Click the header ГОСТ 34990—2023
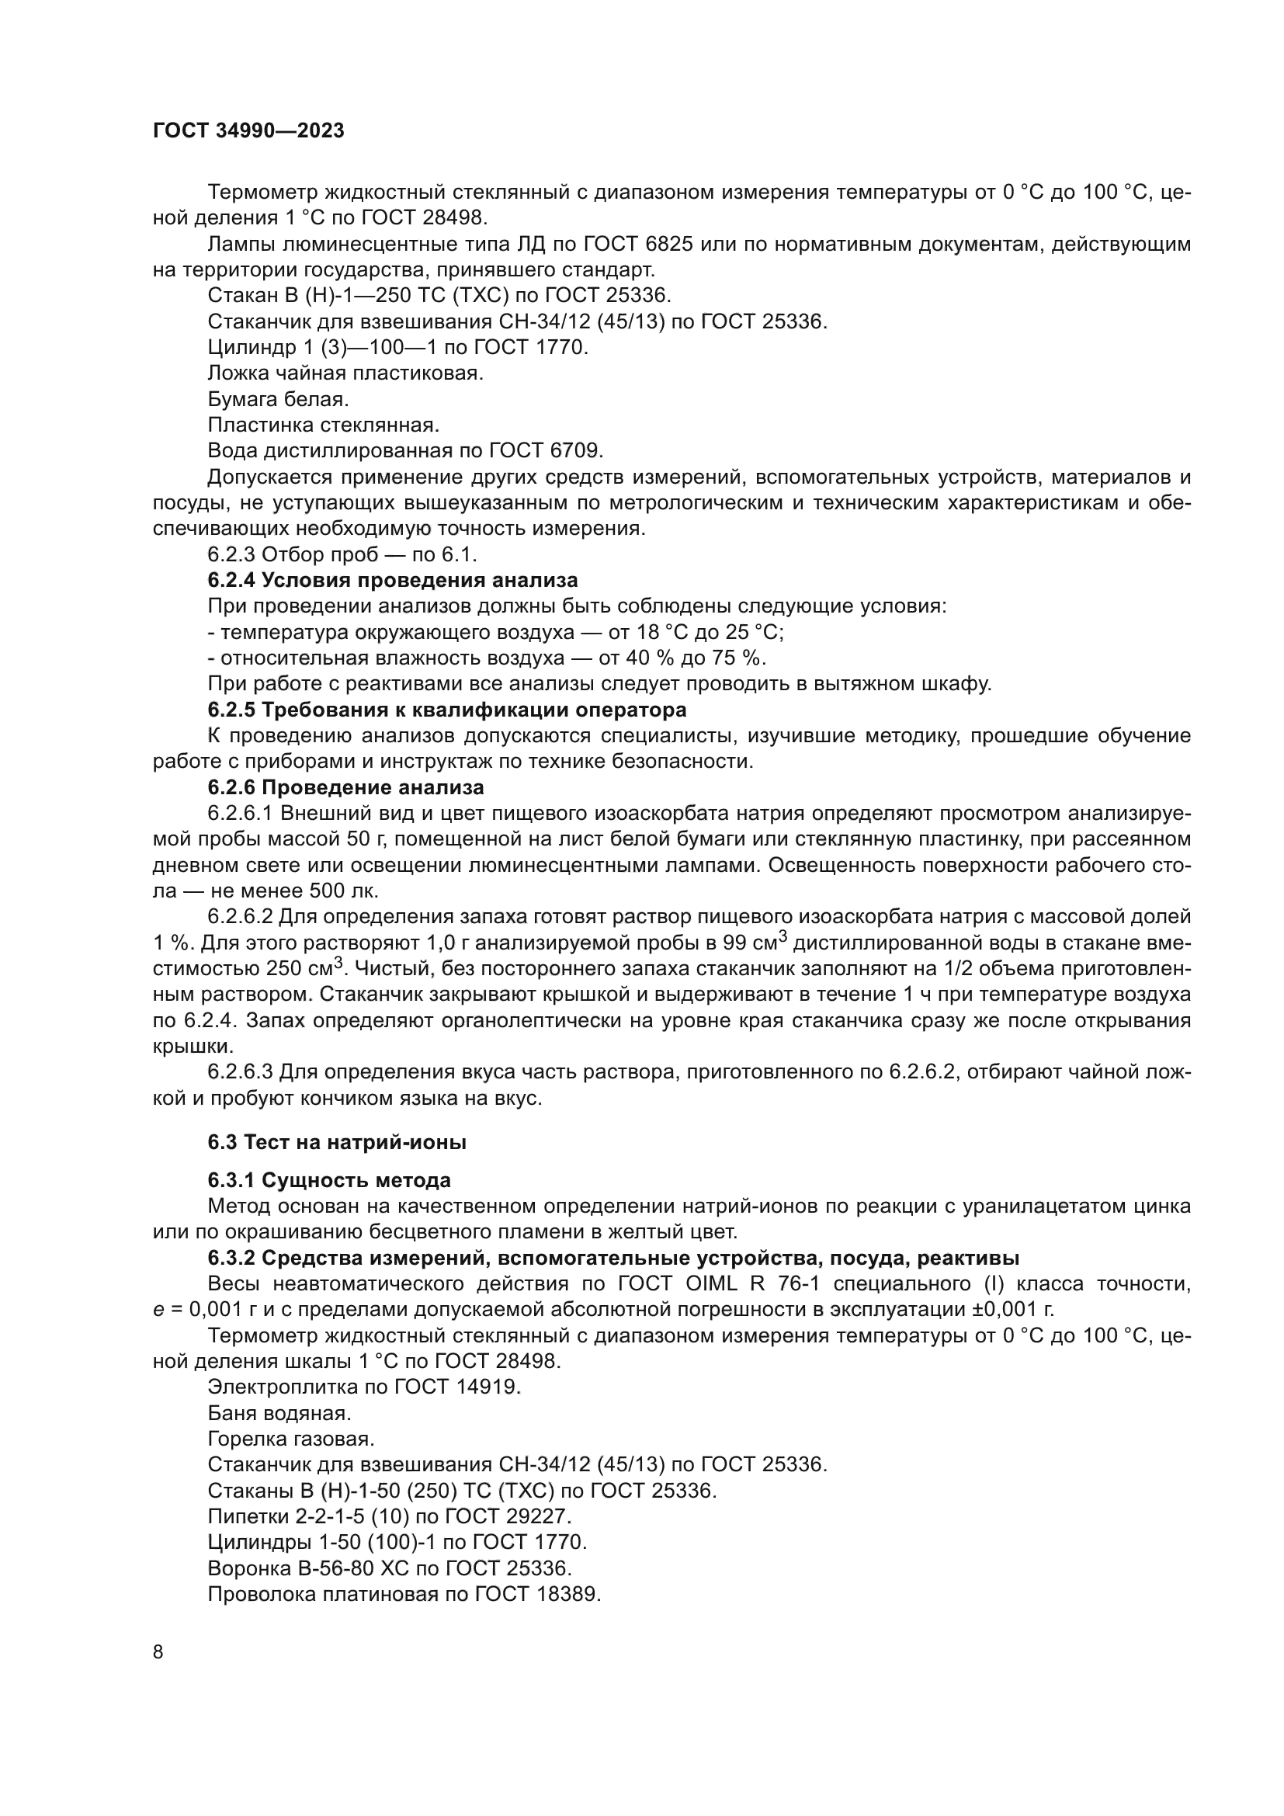[248, 131]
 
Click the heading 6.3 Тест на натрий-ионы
[337, 1142]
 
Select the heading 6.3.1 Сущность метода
[329, 1180]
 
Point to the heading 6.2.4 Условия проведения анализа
[392, 580]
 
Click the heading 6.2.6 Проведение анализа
[345, 787]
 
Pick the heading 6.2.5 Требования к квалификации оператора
[446, 709]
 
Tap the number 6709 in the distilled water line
[576, 451]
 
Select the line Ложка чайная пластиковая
[345, 373]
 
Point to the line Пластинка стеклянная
[324, 425]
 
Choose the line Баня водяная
[279, 1412]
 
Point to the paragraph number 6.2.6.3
[241, 1072]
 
